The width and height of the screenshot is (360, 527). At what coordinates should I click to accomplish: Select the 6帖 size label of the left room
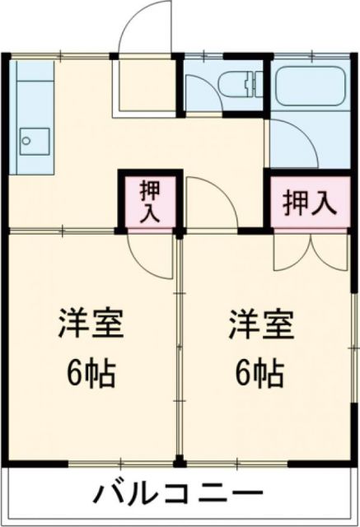(91, 375)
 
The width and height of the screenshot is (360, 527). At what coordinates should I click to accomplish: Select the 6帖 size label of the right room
(261, 375)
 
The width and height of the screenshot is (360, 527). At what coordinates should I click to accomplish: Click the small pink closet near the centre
(150, 201)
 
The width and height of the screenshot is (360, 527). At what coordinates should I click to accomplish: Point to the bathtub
(311, 85)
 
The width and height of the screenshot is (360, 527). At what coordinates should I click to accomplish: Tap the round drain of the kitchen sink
(26, 141)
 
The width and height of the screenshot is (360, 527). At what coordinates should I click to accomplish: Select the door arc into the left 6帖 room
(147, 255)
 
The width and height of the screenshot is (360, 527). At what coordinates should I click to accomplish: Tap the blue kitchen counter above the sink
(30, 91)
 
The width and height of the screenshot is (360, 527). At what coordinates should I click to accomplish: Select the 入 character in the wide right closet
(325, 203)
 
